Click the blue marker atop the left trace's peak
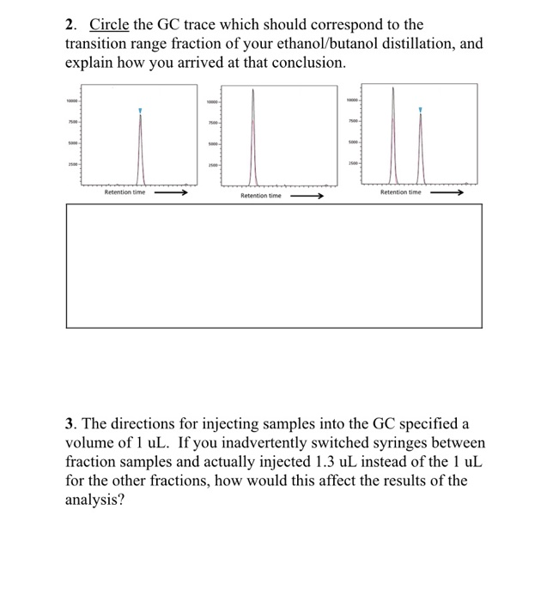pos(141,111)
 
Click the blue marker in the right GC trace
pos(420,110)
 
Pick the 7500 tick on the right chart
pos(352,121)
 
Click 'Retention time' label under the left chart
pos(125,192)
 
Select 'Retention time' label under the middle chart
pos(260,196)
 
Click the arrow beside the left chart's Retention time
pos(171,192)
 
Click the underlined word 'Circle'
pos(109,25)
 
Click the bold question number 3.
pos(71,423)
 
